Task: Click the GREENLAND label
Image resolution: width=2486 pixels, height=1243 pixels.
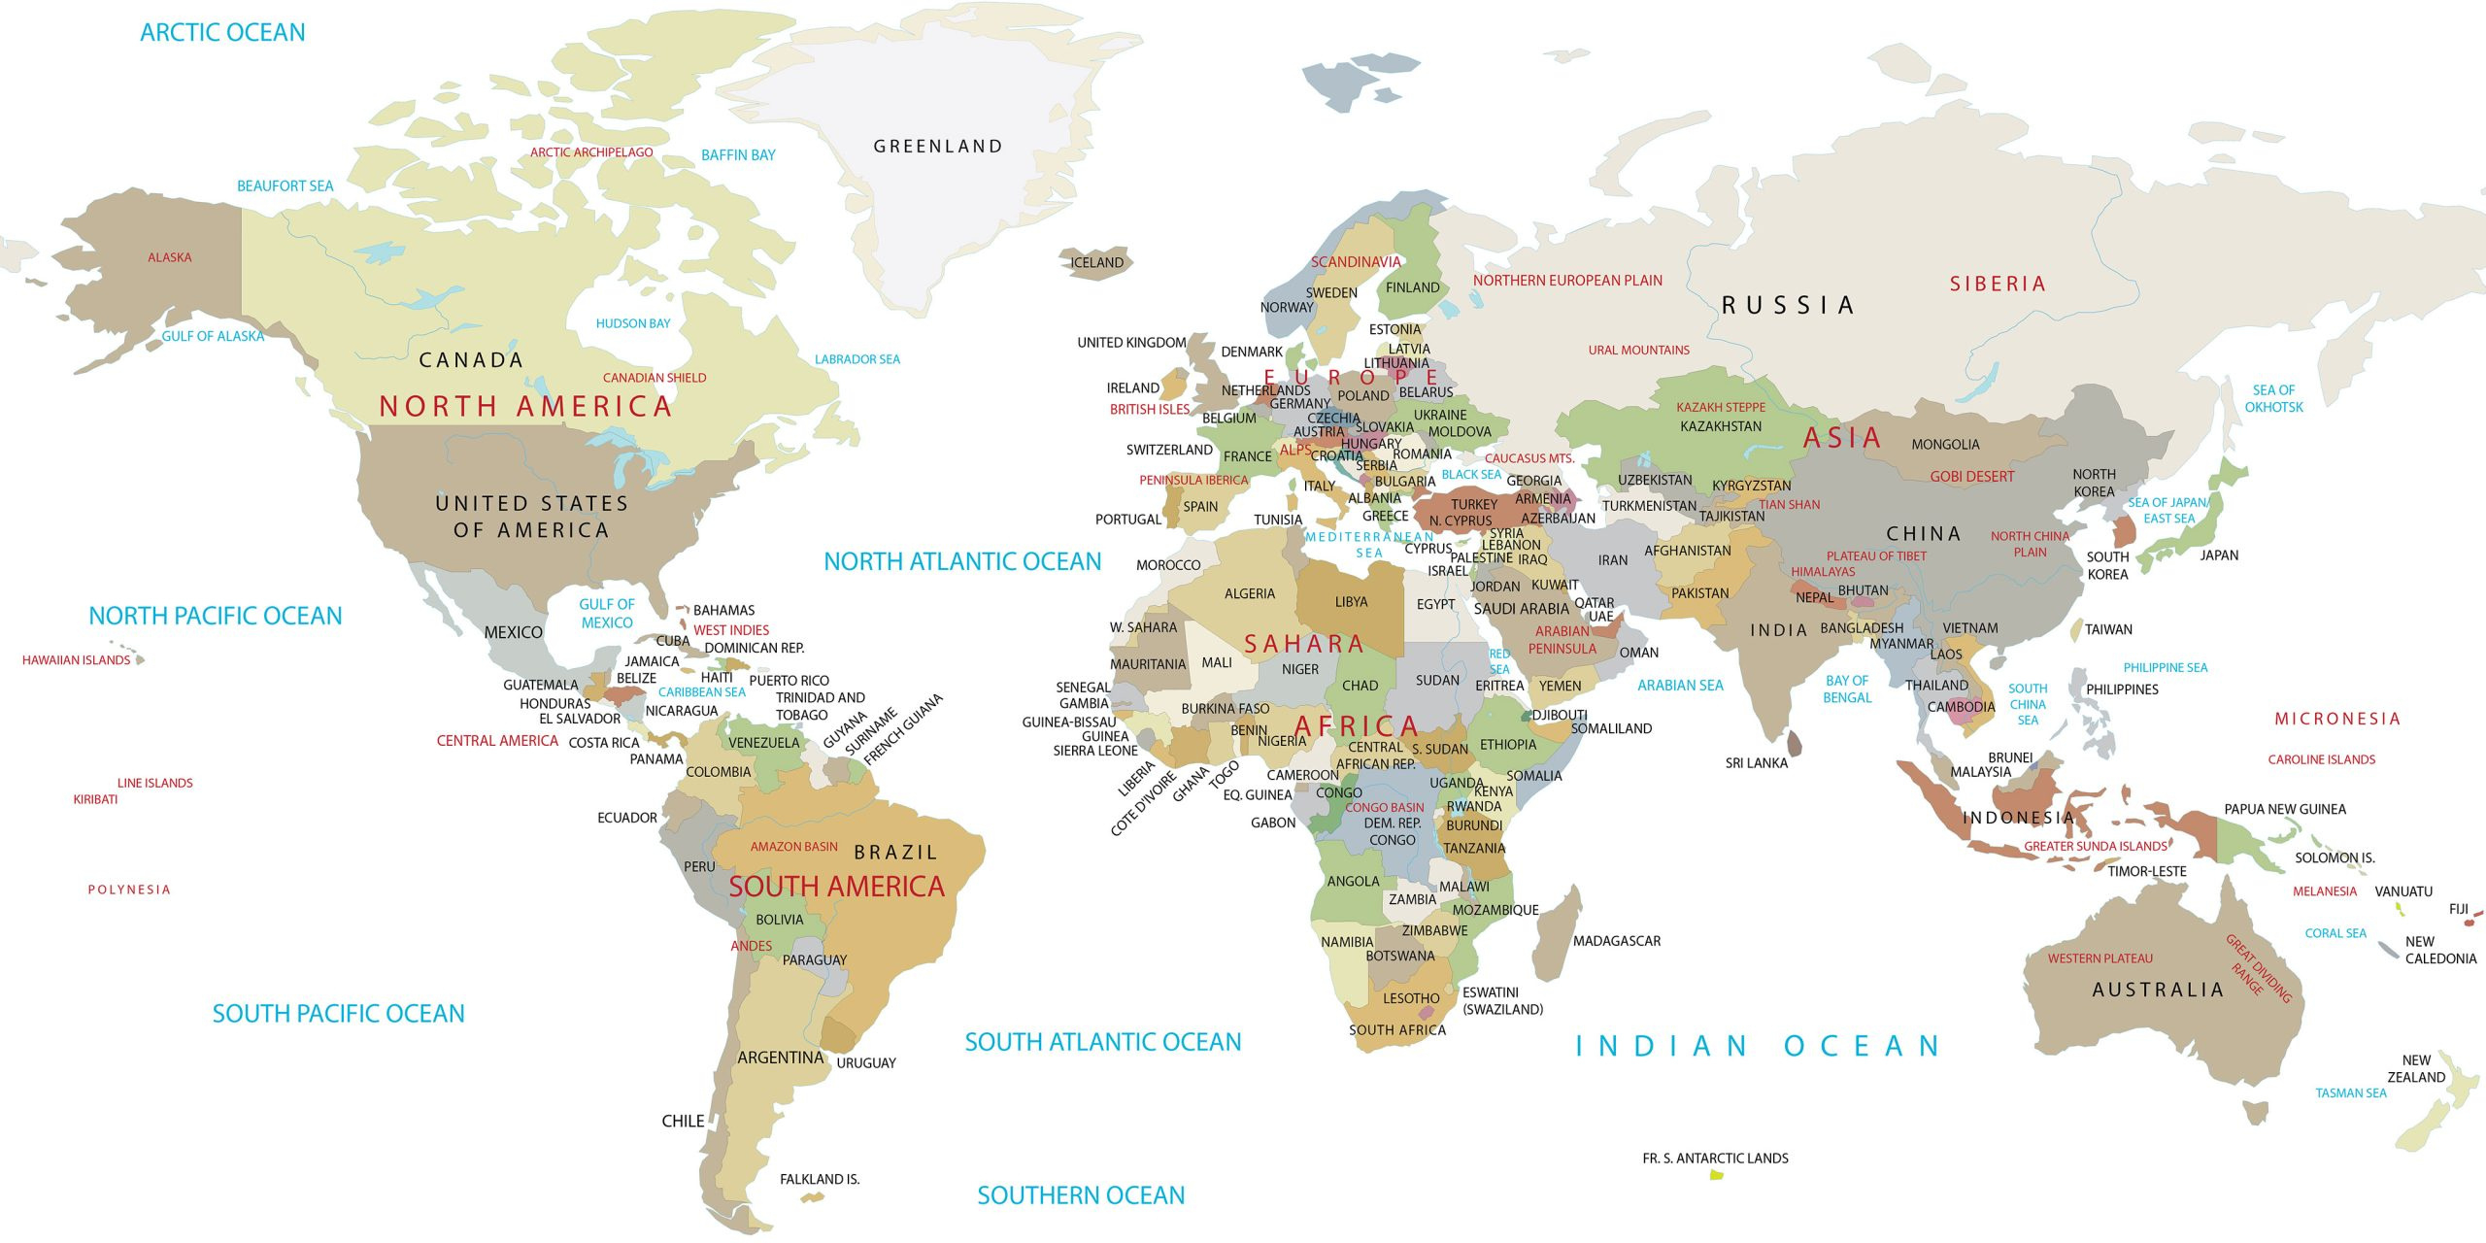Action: pyautogui.click(x=937, y=147)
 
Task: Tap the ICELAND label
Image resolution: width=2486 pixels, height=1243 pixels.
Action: pyautogui.click(x=1096, y=263)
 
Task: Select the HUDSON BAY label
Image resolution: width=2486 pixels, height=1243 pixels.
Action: pyautogui.click(x=632, y=323)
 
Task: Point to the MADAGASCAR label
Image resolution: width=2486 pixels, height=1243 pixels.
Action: pyautogui.click(x=1616, y=941)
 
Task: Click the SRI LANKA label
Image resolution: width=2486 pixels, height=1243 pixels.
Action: pyautogui.click(x=1756, y=763)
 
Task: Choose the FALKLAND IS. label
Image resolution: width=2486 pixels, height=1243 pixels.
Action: pyautogui.click(x=820, y=1179)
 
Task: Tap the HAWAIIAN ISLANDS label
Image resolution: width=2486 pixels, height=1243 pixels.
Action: pyautogui.click(x=76, y=660)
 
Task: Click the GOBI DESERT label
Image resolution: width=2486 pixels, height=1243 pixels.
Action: pyautogui.click(x=1971, y=477)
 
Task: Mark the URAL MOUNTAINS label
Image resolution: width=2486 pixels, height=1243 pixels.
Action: pyautogui.click(x=1638, y=351)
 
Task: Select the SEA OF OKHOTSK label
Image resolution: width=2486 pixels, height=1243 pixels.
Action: pyautogui.click(x=2273, y=398)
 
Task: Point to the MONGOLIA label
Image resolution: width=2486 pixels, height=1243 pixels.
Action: pyautogui.click(x=1945, y=445)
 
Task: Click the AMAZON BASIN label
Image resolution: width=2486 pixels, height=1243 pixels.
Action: pyautogui.click(x=793, y=847)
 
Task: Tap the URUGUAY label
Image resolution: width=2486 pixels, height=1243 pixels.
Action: pyautogui.click(x=865, y=1063)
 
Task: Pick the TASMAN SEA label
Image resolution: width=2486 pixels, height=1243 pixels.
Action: pyautogui.click(x=2350, y=1093)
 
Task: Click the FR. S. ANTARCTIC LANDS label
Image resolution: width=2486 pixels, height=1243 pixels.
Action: pyautogui.click(x=1715, y=1159)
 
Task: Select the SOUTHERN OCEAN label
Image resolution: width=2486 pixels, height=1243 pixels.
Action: pyautogui.click(x=1080, y=1195)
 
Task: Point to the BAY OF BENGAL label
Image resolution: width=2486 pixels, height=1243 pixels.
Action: pyautogui.click(x=1846, y=689)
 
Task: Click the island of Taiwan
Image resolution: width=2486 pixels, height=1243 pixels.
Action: pyautogui.click(x=2076, y=630)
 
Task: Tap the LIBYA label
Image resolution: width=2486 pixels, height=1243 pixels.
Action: pyautogui.click(x=1351, y=602)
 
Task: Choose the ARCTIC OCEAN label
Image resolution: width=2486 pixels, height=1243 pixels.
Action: pyautogui.click(x=222, y=33)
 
